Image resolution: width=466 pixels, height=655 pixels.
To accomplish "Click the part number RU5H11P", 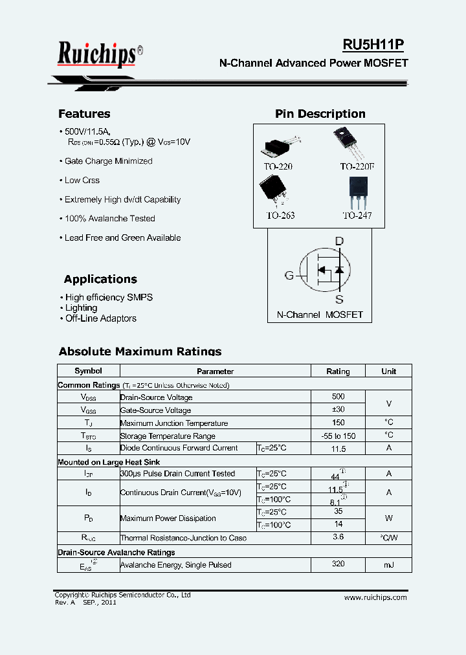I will point(373,45).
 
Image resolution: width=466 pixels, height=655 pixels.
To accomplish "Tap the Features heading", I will point(84,114).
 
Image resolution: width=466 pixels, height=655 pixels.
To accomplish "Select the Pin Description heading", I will point(320,114).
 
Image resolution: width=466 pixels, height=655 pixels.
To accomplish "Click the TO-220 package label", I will point(278,166).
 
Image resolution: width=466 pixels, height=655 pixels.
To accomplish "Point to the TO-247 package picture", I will point(358,192).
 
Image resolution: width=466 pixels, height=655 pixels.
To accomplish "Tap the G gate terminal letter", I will point(289,275).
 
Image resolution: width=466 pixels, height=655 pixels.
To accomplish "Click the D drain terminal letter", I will point(339,241).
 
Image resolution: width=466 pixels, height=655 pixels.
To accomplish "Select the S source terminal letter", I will point(339,299).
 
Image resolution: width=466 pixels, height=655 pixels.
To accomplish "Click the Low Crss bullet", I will point(82,181).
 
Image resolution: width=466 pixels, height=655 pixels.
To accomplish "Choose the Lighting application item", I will point(81,308).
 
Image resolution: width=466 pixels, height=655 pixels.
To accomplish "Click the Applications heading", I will point(100,280).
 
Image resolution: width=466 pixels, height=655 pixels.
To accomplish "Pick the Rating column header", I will point(338,372).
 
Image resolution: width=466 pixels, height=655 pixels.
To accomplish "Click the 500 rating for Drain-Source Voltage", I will point(338,396).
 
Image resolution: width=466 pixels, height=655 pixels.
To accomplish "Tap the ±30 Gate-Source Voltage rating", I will point(338,410).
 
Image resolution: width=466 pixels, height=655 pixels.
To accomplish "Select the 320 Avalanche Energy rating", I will point(338,564).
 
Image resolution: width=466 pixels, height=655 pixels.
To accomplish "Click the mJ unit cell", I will point(388,565).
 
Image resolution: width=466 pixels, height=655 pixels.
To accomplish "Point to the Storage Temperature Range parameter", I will point(168,436).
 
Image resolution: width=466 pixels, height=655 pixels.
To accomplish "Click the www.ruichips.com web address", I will point(375,597).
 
